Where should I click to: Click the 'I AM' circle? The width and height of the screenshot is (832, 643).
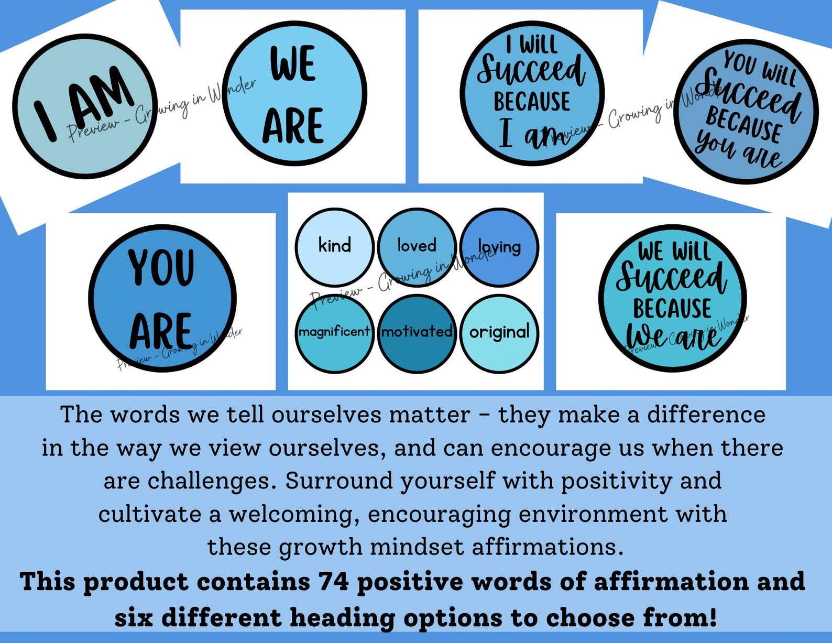coord(85,106)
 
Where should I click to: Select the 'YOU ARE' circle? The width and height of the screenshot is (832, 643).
coord(162,298)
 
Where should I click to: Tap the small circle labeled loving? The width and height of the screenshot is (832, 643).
coord(499,247)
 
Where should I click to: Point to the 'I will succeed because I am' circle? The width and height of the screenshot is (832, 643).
coord(532,93)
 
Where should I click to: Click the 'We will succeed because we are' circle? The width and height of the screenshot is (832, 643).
coord(672,298)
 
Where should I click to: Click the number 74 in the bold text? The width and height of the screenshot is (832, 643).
coord(334,582)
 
